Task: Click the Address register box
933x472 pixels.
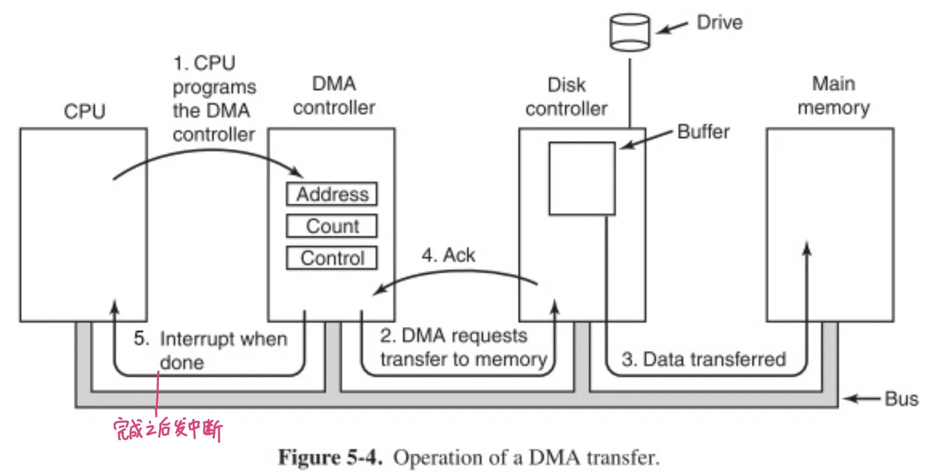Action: (331, 194)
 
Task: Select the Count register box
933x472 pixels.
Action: (331, 226)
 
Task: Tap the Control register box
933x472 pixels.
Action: (331, 258)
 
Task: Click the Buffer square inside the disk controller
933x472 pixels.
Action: (581, 178)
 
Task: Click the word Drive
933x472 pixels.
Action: (719, 23)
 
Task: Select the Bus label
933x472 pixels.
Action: (901, 398)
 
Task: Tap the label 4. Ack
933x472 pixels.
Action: (448, 256)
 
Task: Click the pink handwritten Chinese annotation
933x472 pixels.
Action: (168, 429)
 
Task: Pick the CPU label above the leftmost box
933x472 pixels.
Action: (84, 112)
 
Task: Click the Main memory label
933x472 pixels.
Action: (833, 96)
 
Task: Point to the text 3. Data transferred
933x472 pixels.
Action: (703, 359)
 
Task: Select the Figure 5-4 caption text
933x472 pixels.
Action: (469, 458)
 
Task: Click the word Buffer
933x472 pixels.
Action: (703, 131)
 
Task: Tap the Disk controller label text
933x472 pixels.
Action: (566, 97)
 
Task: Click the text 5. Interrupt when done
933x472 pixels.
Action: (210, 350)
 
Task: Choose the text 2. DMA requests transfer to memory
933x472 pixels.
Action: (463, 348)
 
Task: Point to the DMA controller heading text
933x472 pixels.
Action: (334, 96)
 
